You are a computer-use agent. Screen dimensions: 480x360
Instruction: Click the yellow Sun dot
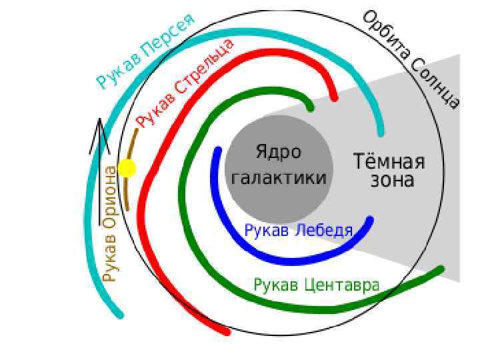[127, 168]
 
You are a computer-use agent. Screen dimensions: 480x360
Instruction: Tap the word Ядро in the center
[278, 152]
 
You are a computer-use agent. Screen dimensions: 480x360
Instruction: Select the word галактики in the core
[278, 178]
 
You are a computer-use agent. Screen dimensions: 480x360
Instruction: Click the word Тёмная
[388, 162]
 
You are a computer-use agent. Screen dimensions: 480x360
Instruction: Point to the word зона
[393, 180]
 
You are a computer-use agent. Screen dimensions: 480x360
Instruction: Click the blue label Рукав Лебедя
[298, 231]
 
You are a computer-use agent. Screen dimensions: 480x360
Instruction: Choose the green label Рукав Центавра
[316, 285]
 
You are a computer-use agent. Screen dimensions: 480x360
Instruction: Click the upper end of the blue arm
[217, 150]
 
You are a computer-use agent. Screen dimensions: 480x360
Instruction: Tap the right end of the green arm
[440, 269]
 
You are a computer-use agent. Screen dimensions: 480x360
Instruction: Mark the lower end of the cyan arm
[120, 314]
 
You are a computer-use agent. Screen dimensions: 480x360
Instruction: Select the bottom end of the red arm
[226, 331]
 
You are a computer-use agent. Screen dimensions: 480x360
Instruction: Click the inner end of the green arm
[310, 107]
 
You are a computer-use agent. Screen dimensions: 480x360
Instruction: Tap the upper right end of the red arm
[333, 99]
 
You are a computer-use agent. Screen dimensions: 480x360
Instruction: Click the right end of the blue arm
[370, 220]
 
